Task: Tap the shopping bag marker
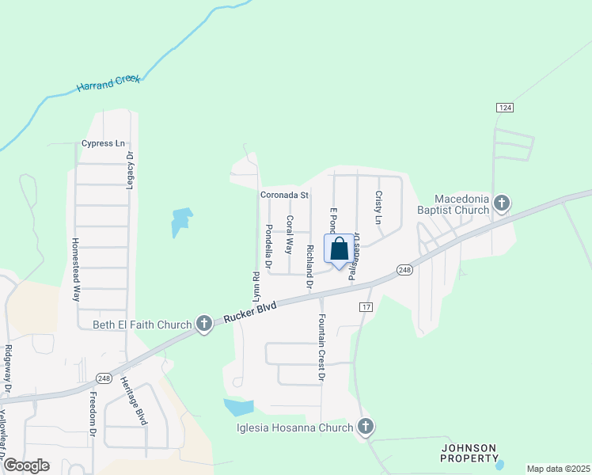(x=339, y=249)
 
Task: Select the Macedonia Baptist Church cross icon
(x=501, y=203)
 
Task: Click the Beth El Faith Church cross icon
(x=204, y=324)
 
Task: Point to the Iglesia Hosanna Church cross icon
(x=365, y=427)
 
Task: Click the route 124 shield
(x=504, y=107)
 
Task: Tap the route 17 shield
(x=365, y=306)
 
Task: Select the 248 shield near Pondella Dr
(x=404, y=270)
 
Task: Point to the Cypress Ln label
(x=104, y=143)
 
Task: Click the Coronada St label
(x=284, y=194)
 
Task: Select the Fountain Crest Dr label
(x=322, y=347)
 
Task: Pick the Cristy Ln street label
(x=378, y=207)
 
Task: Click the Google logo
(x=26, y=465)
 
